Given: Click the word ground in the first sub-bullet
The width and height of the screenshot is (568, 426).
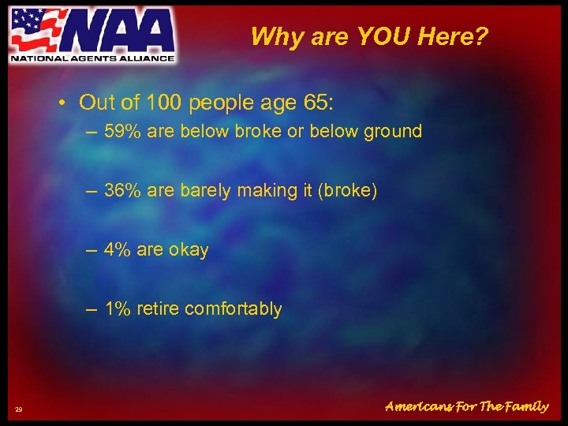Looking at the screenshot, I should tap(392, 131).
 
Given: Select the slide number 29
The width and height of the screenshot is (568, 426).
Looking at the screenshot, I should tap(19, 409).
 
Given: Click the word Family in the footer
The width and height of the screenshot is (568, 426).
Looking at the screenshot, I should tap(523, 407).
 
